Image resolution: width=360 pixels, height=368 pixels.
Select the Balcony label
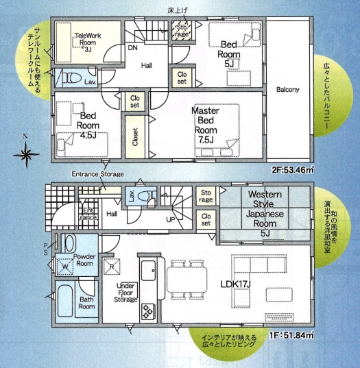tap(287, 89)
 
